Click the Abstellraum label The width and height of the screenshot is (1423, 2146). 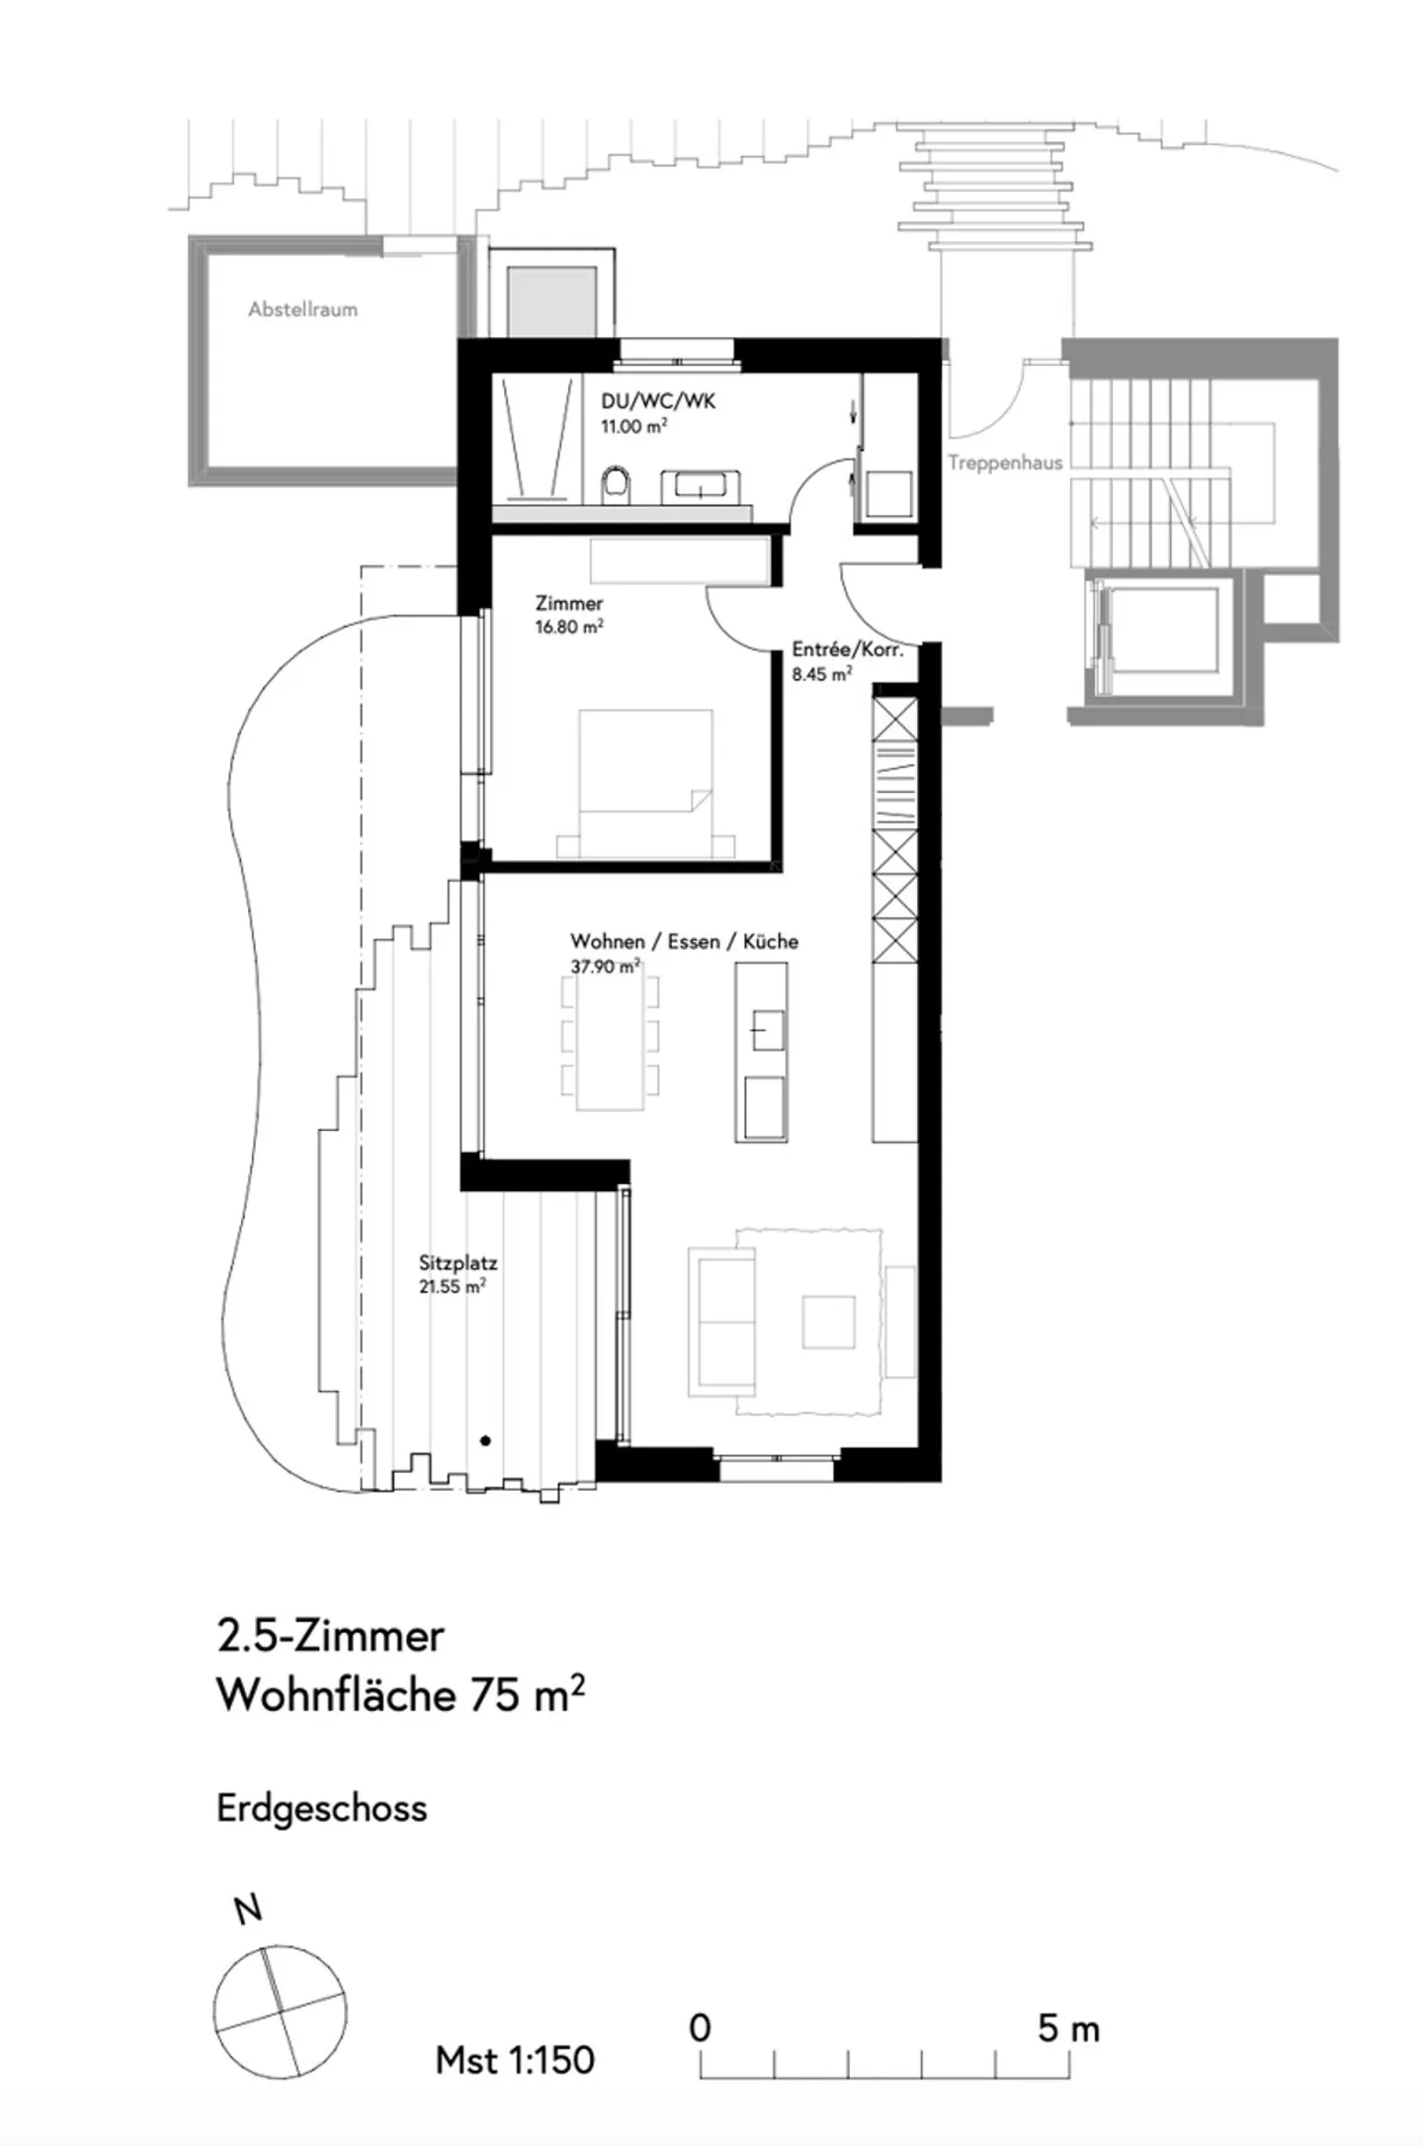tap(302, 309)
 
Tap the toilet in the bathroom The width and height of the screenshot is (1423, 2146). tap(616, 485)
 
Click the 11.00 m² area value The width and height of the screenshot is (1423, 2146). tap(633, 426)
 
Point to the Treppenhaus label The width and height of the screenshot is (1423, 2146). tap(1005, 463)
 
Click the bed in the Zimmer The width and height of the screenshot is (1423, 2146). tap(645, 781)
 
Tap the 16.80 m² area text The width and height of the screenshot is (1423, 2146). tap(569, 627)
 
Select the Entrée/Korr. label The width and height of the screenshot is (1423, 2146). tap(847, 649)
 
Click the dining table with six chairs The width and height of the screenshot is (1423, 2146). tap(610, 1041)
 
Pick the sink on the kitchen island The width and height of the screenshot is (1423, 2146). tap(767, 1031)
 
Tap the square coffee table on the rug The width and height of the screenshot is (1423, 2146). tap(828, 1323)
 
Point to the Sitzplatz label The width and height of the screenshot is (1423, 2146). tap(458, 1263)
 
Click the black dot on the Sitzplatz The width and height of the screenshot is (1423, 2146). tap(485, 1441)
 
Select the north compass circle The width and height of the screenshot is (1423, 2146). tap(281, 2011)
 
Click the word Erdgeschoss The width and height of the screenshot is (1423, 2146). tap(322, 1808)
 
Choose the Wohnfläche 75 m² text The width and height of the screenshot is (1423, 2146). tap(400, 1695)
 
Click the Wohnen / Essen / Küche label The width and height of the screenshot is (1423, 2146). tap(684, 942)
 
